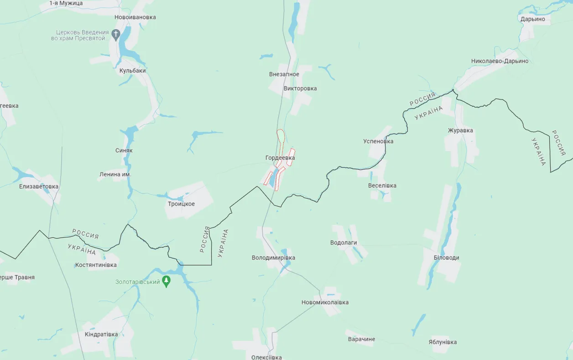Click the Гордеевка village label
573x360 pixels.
tap(280, 158)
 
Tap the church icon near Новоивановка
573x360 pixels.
tap(116, 34)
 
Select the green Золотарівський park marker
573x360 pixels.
tap(166, 281)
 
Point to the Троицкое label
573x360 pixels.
tap(181, 204)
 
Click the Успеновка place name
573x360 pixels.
tap(378, 141)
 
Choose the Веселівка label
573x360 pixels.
tap(382, 186)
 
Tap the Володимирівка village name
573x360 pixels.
tap(273, 258)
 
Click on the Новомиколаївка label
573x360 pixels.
tap(325, 303)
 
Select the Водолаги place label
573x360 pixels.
tap(344, 243)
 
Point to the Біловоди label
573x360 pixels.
tap(446, 258)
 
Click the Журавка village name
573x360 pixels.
tap(460, 130)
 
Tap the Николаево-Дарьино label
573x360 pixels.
tap(500, 61)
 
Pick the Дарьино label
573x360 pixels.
tap(532, 19)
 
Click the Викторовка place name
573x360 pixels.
tap(300, 89)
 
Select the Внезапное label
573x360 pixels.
tap(284, 74)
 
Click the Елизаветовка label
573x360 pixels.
tap(39, 187)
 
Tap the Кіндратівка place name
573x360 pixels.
tap(101, 334)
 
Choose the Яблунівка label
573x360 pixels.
tap(443, 342)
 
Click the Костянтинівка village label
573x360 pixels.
tap(96, 265)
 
